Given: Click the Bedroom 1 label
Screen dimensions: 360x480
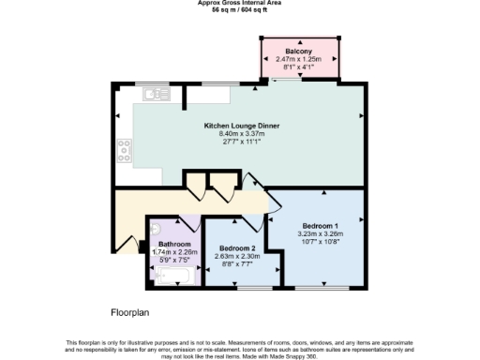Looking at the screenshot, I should [x=321, y=226].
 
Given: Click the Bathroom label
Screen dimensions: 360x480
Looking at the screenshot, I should [x=174, y=244].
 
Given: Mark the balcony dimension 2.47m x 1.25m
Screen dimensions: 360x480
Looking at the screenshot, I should [x=300, y=59].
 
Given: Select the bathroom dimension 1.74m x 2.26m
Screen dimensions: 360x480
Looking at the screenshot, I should [x=174, y=251].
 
